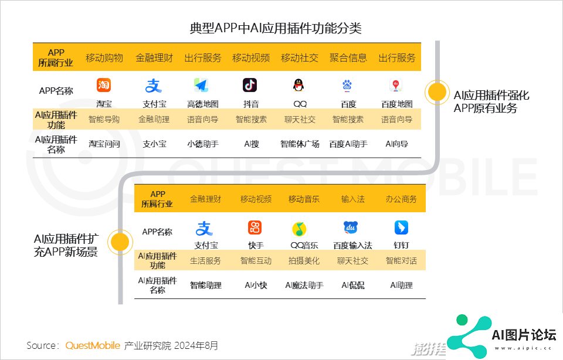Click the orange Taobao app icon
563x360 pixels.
click(104, 85)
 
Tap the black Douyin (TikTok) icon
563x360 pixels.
click(250, 85)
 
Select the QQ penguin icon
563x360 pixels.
click(299, 85)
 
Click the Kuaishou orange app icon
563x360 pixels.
click(255, 227)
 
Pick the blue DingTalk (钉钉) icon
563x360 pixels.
click(401, 227)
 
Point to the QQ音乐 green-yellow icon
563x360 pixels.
click(299, 229)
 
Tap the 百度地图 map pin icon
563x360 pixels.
click(396, 86)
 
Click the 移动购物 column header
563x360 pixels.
click(104, 58)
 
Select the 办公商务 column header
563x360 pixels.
click(401, 199)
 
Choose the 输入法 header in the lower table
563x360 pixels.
click(353, 199)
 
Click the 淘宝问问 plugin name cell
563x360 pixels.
click(104, 144)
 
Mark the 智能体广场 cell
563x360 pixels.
click(300, 144)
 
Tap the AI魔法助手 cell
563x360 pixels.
click(304, 286)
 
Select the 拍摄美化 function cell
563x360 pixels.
click(304, 261)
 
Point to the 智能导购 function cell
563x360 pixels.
click(104, 120)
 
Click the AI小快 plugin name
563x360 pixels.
click(256, 286)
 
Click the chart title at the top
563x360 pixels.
click(276, 28)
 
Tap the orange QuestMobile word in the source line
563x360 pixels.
click(93, 345)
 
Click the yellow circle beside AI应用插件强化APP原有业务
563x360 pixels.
click(437, 92)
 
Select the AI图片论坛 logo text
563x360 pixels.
click(524, 335)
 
